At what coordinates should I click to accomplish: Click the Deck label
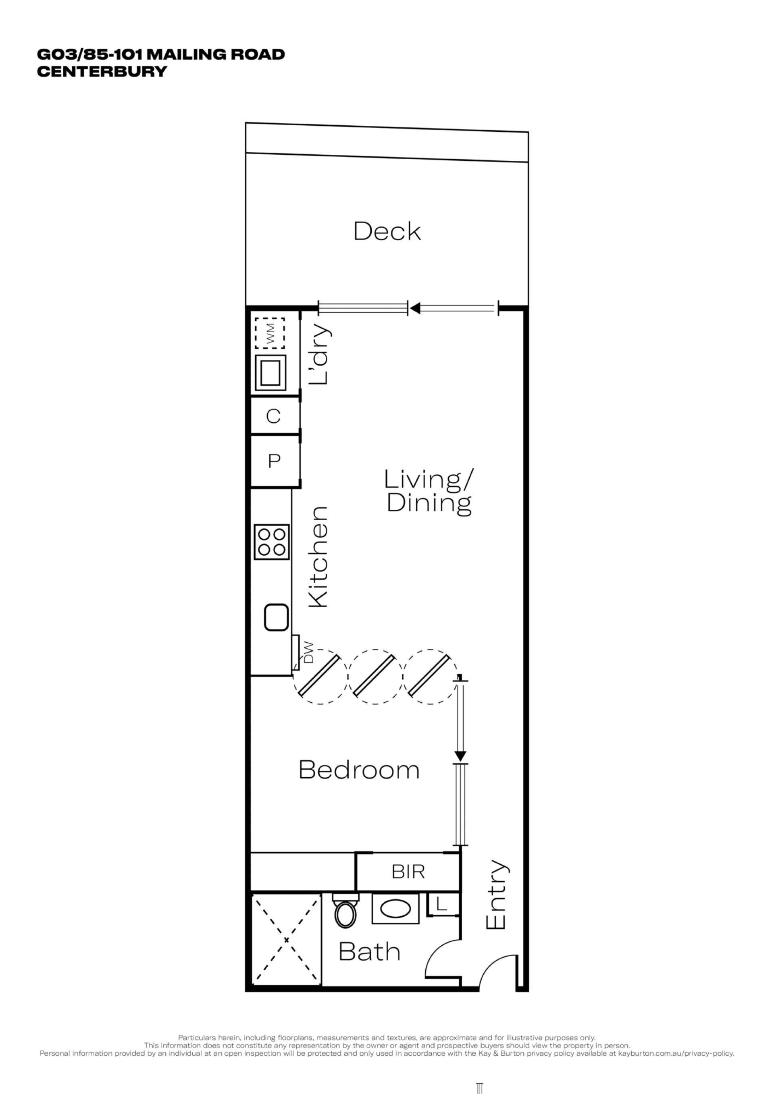pyautogui.click(x=387, y=231)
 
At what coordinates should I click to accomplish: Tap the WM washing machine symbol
pyautogui.click(x=270, y=333)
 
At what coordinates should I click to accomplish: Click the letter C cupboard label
pyautogui.click(x=273, y=416)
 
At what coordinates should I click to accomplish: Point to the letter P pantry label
pyautogui.click(x=274, y=461)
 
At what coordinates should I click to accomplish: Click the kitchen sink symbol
pyautogui.click(x=277, y=618)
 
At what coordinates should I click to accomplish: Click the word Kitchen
pyautogui.click(x=318, y=557)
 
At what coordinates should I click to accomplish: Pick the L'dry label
pyautogui.click(x=319, y=355)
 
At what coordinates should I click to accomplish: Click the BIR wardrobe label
pyautogui.click(x=408, y=872)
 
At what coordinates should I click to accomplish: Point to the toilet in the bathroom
pyautogui.click(x=346, y=911)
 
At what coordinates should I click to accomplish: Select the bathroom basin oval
pyautogui.click(x=395, y=909)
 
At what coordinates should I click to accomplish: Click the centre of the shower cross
pyautogui.click(x=287, y=940)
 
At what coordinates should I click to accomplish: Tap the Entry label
pyautogui.click(x=496, y=895)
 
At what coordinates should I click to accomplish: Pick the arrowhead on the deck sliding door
pyautogui.click(x=415, y=308)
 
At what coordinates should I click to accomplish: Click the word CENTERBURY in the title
pyautogui.click(x=102, y=71)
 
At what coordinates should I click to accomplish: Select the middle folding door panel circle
pyautogui.click(x=375, y=677)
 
